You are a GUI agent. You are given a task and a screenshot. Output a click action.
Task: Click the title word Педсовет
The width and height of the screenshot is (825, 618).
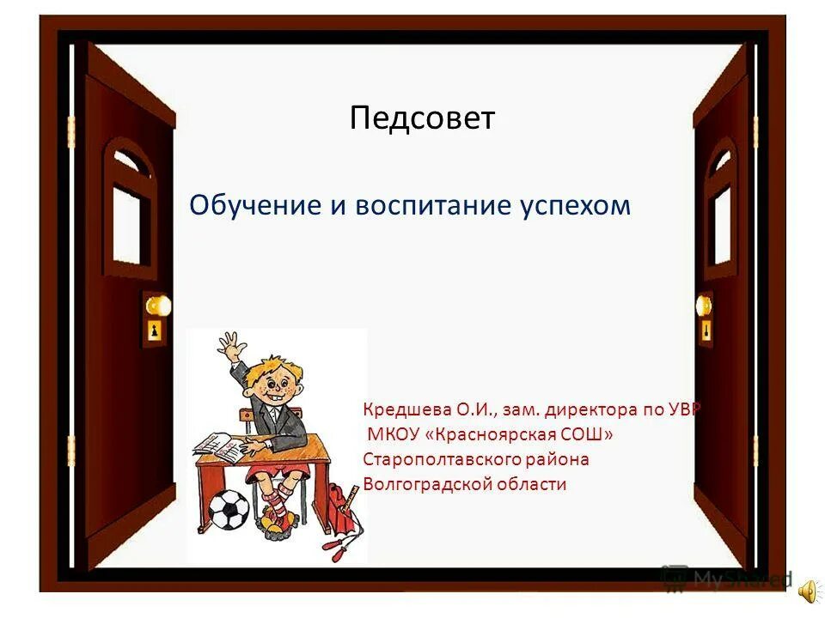coord(422,118)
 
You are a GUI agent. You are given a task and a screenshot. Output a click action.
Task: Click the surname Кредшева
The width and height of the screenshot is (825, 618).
coord(400,409)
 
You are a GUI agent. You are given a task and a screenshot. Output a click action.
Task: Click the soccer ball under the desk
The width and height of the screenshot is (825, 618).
coord(228,509)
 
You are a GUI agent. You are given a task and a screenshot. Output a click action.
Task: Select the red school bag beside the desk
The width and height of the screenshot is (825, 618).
coord(339,506)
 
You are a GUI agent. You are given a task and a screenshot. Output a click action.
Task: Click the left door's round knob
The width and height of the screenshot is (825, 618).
coord(157,306)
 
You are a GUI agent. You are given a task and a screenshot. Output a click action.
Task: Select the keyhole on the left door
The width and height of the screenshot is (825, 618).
coord(156,331)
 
